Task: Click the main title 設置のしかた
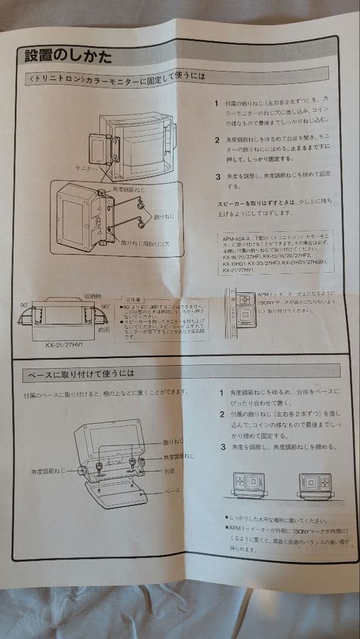[67, 57]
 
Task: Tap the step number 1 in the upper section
[217, 103]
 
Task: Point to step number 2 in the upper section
[217, 141]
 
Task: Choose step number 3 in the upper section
[218, 176]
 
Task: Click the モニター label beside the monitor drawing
[86, 169]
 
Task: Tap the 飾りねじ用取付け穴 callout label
[145, 243]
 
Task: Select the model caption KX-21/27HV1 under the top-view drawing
[64, 343]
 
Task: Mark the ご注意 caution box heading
[132, 299]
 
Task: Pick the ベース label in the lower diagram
[171, 490]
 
